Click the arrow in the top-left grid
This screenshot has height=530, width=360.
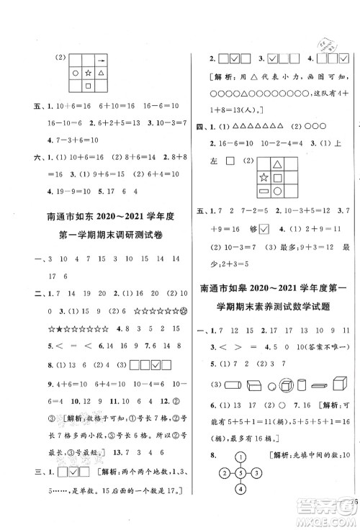tap(103, 60)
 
